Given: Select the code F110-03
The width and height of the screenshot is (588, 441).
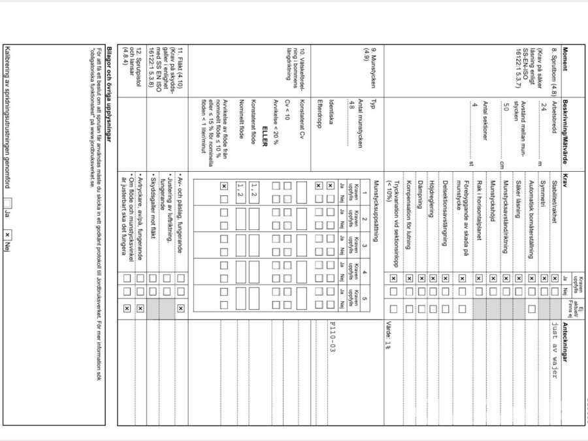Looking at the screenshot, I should [x=333, y=340].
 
